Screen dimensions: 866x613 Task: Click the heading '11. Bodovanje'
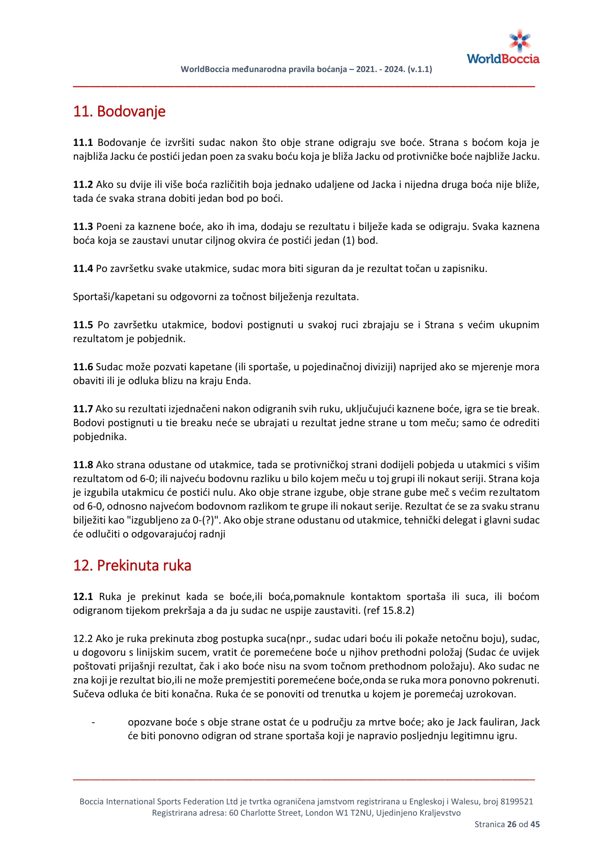click(x=119, y=111)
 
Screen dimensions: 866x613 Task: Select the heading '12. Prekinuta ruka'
click(x=132, y=565)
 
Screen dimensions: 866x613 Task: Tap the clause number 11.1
click(x=83, y=143)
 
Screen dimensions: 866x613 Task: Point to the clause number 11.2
click(x=83, y=184)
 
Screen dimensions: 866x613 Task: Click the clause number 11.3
click(x=83, y=226)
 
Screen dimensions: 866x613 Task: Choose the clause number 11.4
click(x=83, y=268)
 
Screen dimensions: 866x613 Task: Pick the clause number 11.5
click(x=83, y=325)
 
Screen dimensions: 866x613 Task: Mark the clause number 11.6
click(x=83, y=367)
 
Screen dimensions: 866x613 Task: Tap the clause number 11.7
click(x=83, y=409)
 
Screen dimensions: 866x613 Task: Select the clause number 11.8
click(x=83, y=465)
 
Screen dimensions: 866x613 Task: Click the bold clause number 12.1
click(x=83, y=596)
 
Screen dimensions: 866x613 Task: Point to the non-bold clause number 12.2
click(x=83, y=639)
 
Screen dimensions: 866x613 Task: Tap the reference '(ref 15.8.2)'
click(x=389, y=610)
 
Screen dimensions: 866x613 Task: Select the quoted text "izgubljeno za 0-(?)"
click(x=173, y=520)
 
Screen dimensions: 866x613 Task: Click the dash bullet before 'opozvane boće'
click(x=93, y=722)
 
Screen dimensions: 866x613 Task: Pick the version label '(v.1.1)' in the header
click(x=420, y=69)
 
